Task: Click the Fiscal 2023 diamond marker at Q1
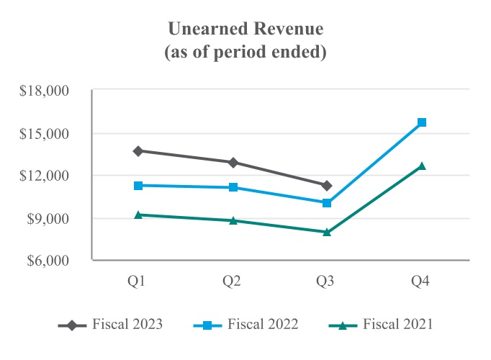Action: [138, 151]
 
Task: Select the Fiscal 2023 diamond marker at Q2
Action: [233, 163]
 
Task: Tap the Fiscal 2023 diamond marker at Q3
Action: [327, 186]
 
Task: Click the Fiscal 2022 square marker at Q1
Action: [138, 186]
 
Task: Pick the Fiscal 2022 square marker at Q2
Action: [233, 187]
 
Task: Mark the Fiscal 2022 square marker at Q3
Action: [327, 203]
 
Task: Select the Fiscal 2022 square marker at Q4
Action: [422, 122]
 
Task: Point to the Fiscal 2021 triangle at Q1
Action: [138, 215]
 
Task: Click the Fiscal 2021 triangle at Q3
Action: [327, 232]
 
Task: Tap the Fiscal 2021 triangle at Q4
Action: [422, 166]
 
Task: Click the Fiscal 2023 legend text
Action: [127, 325]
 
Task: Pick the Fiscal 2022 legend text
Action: [263, 325]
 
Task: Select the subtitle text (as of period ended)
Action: [245, 53]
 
